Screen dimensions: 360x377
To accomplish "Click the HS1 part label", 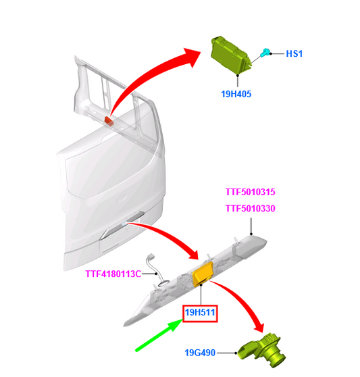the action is pos(294,53).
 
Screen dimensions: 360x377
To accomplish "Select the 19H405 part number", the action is pos(236,94).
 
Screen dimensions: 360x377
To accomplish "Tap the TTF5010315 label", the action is pos(250,192).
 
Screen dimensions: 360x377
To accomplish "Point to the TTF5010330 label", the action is pos(250,208).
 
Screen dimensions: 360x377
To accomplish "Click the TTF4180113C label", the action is pos(113,274).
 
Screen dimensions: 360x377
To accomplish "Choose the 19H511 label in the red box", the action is pos(200,313).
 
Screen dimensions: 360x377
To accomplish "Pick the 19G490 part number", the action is pos(200,353).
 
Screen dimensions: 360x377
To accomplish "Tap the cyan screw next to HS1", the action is pos(265,52).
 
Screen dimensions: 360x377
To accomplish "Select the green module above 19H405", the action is pos(230,55).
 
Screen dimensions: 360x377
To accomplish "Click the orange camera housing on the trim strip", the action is pos(203,274).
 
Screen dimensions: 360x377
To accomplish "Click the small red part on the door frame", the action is pos(109,121).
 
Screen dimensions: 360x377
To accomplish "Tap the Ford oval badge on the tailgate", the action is pos(122,199).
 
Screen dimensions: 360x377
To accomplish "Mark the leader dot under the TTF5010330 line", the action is pos(251,234).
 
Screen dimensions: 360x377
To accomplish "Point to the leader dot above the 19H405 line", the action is pos(238,76).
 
